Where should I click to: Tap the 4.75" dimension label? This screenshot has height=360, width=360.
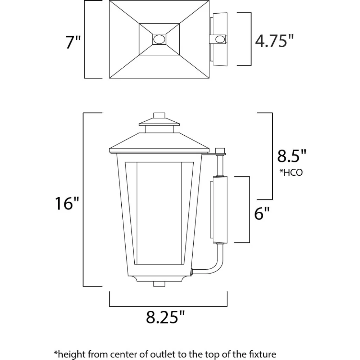tap(274, 41)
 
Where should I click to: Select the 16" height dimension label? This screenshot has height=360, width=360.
tap(67, 203)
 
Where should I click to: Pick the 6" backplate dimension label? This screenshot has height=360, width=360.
tap(262, 213)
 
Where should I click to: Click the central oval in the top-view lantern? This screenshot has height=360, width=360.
tap(159, 39)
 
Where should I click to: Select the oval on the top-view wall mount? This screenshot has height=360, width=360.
tap(220, 39)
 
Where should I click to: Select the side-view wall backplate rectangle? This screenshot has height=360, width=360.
tap(220, 210)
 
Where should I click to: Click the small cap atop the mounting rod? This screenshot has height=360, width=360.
tap(220, 150)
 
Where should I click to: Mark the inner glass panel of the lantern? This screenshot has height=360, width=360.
tap(159, 213)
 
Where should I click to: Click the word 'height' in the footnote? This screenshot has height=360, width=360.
tap(71, 354)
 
